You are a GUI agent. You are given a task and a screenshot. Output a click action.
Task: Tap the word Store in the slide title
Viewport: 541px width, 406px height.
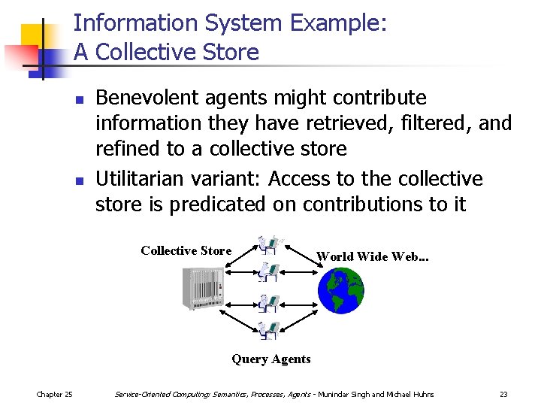point(231,53)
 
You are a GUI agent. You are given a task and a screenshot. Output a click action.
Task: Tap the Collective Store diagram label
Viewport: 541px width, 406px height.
point(186,250)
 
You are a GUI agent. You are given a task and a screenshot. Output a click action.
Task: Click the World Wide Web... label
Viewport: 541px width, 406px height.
point(373,256)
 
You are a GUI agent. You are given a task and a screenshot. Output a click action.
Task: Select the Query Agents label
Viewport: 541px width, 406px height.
point(270,359)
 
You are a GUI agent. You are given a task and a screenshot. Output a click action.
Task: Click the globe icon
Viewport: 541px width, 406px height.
point(341,290)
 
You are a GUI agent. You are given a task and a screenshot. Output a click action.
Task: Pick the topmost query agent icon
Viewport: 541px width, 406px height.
point(269,245)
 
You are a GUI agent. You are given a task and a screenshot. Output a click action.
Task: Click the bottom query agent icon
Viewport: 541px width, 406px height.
point(268,329)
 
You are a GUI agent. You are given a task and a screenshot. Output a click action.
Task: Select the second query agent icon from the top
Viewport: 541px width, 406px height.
point(268,272)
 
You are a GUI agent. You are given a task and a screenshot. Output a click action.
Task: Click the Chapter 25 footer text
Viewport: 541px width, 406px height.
point(55,394)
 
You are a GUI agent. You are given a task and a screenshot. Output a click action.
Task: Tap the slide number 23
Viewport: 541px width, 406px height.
point(503,394)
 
